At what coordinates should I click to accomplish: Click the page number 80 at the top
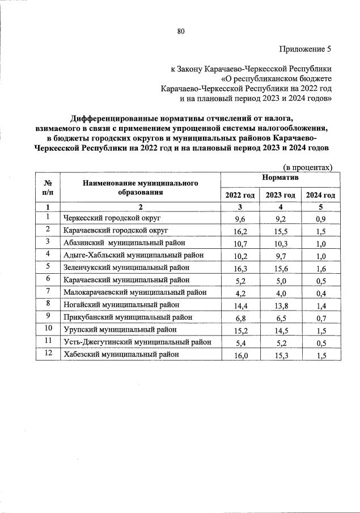coord(181,31)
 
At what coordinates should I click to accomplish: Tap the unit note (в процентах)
coord(307,167)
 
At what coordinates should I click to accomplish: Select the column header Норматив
coord(281,178)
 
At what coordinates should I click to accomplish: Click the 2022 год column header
coord(240,195)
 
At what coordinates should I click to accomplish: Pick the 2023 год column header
coord(280,195)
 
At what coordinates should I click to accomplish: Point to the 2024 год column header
coord(320,195)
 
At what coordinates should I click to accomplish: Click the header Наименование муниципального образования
coord(140,187)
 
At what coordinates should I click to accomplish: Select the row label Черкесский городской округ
coord(112,218)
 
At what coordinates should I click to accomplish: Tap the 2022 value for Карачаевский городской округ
coord(240,230)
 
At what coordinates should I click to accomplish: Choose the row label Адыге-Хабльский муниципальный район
coord(133,255)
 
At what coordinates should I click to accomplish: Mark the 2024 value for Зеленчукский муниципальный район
coord(320,268)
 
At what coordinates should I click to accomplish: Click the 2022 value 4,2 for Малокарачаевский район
coord(240,292)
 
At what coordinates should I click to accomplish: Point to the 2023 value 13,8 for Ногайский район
coord(280,305)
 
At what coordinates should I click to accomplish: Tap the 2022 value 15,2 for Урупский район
coord(240,329)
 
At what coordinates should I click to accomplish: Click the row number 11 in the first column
coord(48,341)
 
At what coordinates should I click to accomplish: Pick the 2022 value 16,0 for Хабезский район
coord(240,354)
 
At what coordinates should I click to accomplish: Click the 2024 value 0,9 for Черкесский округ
coord(320,218)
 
